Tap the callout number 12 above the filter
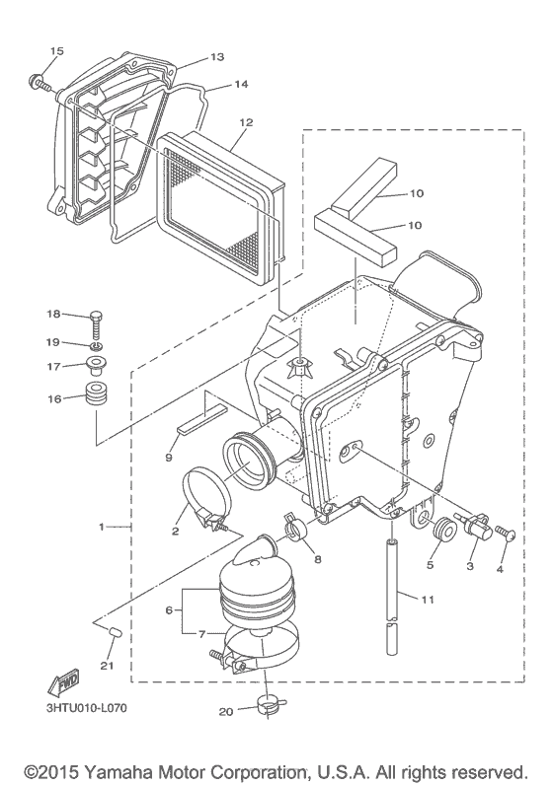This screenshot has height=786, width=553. click(246, 122)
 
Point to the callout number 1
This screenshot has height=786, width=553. click(101, 527)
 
